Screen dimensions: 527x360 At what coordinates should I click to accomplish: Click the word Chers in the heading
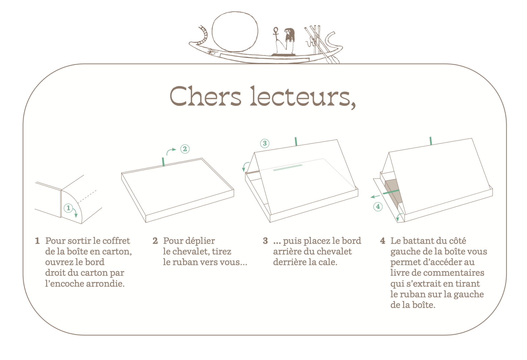(x=206, y=96)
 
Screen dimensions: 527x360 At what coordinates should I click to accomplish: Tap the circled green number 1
(x=68, y=208)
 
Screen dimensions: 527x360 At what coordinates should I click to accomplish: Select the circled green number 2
(x=185, y=149)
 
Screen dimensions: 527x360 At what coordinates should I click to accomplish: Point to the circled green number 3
(x=265, y=143)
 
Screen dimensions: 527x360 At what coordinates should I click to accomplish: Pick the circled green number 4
(x=378, y=207)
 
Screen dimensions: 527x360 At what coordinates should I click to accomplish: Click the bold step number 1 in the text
(x=37, y=241)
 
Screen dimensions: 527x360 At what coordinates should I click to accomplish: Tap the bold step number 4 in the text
(x=382, y=241)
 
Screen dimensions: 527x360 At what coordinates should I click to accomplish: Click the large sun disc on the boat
(x=235, y=32)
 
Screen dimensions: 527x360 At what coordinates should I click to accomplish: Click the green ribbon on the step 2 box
(x=163, y=162)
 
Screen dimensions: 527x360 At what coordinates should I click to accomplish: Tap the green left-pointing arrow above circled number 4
(x=375, y=197)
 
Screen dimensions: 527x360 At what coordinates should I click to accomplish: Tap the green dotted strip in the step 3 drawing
(x=288, y=167)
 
